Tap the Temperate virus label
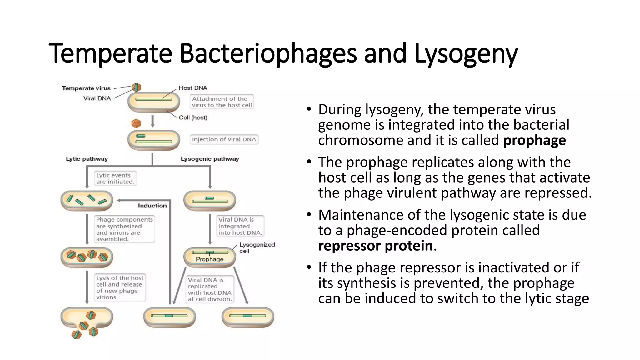[x=86, y=88]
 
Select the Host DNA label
[x=193, y=88]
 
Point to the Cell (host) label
[x=193, y=118]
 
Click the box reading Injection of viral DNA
[x=224, y=139]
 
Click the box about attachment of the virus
[x=222, y=102]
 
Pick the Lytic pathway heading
[x=87, y=159]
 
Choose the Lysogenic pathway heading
[x=210, y=159]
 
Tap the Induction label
[x=152, y=206]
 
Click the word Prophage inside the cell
[x=209, y=259]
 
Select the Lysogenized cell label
[x=257, y=248]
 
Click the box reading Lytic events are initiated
[x=115, y=178]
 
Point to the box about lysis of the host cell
[x=120, y=287]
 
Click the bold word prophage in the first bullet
[x=534, y=140]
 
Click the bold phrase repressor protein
[x=375, y=246]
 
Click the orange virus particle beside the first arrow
[x=136, y=123]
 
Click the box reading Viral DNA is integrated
[x=240, y=226]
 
